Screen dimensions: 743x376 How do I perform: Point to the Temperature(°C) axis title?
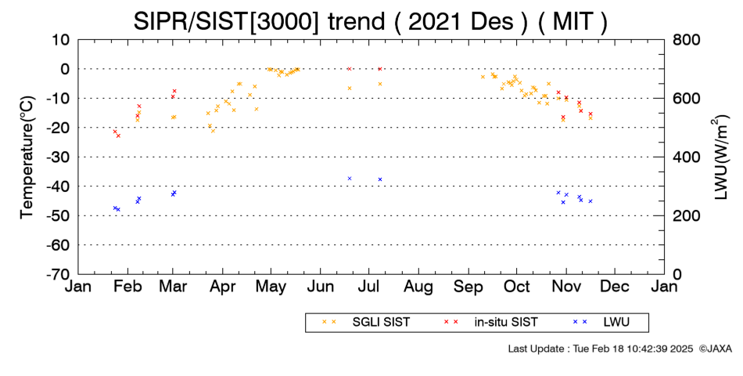click(x=27, y=157)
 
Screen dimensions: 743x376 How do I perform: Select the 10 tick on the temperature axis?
click(x=61, y=40)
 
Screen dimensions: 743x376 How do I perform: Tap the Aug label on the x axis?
click(x=418, y=287)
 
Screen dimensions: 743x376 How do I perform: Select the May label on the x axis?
click(x=271, y=287)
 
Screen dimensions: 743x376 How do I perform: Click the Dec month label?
click(x=615, y=286)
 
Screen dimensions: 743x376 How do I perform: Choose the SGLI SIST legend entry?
click(x=365, y=322)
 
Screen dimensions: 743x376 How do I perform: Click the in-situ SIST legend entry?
click(x=490, y=322)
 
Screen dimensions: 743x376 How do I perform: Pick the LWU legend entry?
click(x=601, y=322)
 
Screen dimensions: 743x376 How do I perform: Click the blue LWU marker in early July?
click(x=380, y=179)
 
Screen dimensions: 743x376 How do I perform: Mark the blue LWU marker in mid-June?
click(x=350, y=179)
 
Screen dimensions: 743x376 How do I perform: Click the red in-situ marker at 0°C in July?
click(x=379, y=69)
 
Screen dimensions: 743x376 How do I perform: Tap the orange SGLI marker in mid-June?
click(x=350, y=89)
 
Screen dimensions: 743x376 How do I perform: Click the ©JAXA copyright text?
click(x=715, y=349)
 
